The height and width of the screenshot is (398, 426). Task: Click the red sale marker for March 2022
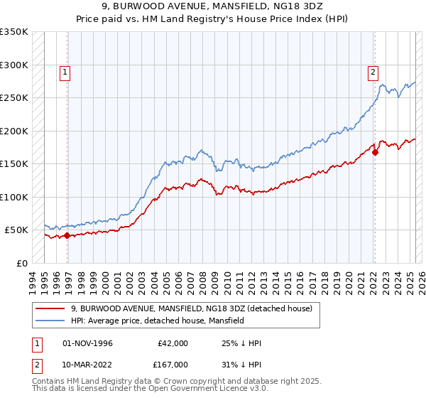375,151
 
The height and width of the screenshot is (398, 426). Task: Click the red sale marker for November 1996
67,235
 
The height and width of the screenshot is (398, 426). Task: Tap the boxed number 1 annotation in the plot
65,71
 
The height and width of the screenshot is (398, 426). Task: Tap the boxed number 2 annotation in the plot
373,71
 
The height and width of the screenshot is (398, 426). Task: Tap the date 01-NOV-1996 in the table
87,344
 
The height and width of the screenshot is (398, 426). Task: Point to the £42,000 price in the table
173,344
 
